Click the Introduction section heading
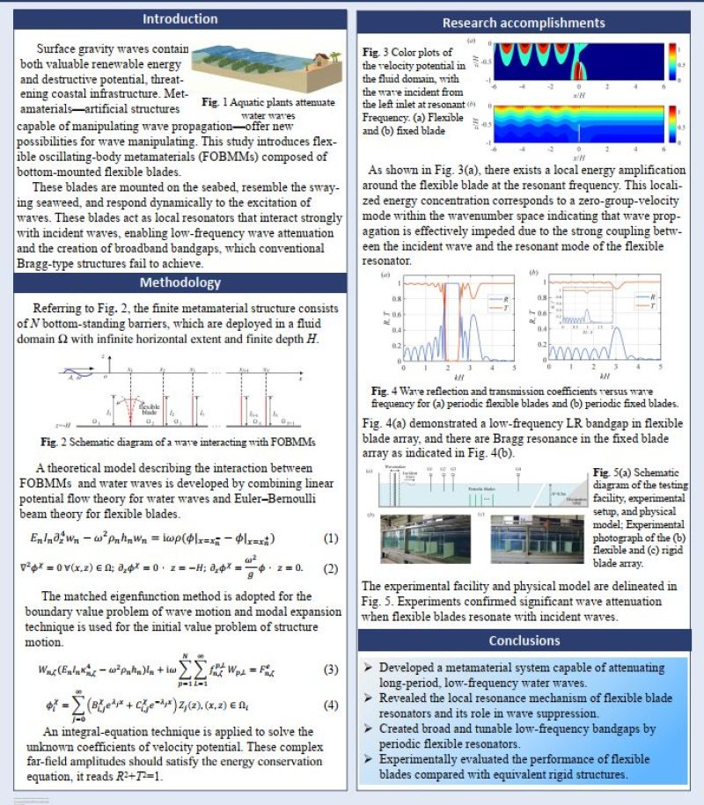coord(180,18)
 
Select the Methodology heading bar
coord(180,282)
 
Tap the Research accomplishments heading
coord(523,23)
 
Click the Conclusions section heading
coord(523,640)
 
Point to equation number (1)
coord(331,538)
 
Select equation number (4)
coord(331,705)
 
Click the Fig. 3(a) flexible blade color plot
coord(577,62)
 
